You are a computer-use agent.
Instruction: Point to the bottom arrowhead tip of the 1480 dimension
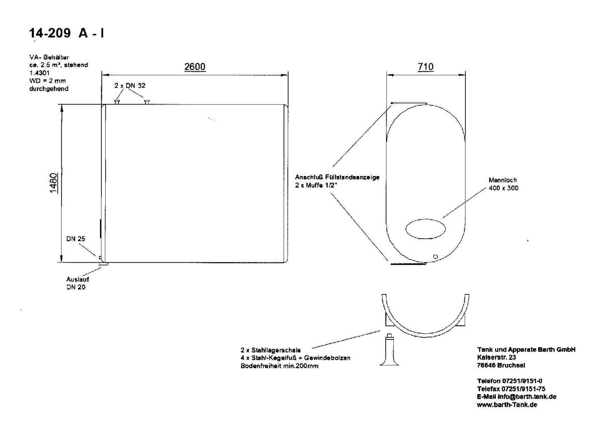pos(62,262)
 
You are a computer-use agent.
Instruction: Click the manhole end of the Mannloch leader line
pos(443,218)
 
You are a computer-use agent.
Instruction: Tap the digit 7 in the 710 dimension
pos(420,66)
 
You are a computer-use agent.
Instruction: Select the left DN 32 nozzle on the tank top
pos(117,102)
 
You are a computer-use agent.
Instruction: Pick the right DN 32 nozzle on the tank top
pos(147,102)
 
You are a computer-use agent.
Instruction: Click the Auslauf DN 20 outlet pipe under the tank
pos(104,264)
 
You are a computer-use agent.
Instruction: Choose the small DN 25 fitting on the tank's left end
pos(100,257)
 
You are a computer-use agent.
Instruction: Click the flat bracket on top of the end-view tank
pos(409,103)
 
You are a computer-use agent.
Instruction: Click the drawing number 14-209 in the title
pos(50,33)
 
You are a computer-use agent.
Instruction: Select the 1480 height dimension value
pos(53,183)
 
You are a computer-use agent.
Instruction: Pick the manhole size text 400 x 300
pos(503,188)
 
